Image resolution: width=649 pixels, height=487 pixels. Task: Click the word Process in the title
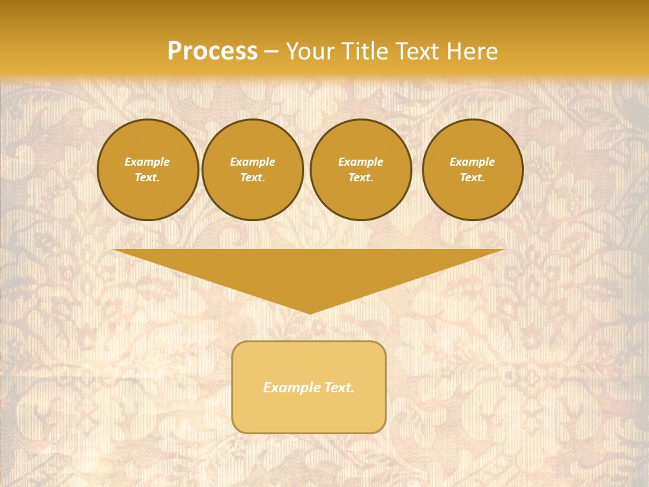coord(212,51)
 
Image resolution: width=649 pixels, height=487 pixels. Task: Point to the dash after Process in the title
coord(271,52)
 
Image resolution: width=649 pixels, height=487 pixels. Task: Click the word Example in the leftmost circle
coord(147,162)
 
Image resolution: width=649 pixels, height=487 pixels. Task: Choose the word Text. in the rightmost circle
coord(473,177)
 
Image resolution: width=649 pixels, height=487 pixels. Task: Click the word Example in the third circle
coord(361,162)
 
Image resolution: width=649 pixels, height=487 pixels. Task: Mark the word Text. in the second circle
coord(253,177)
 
